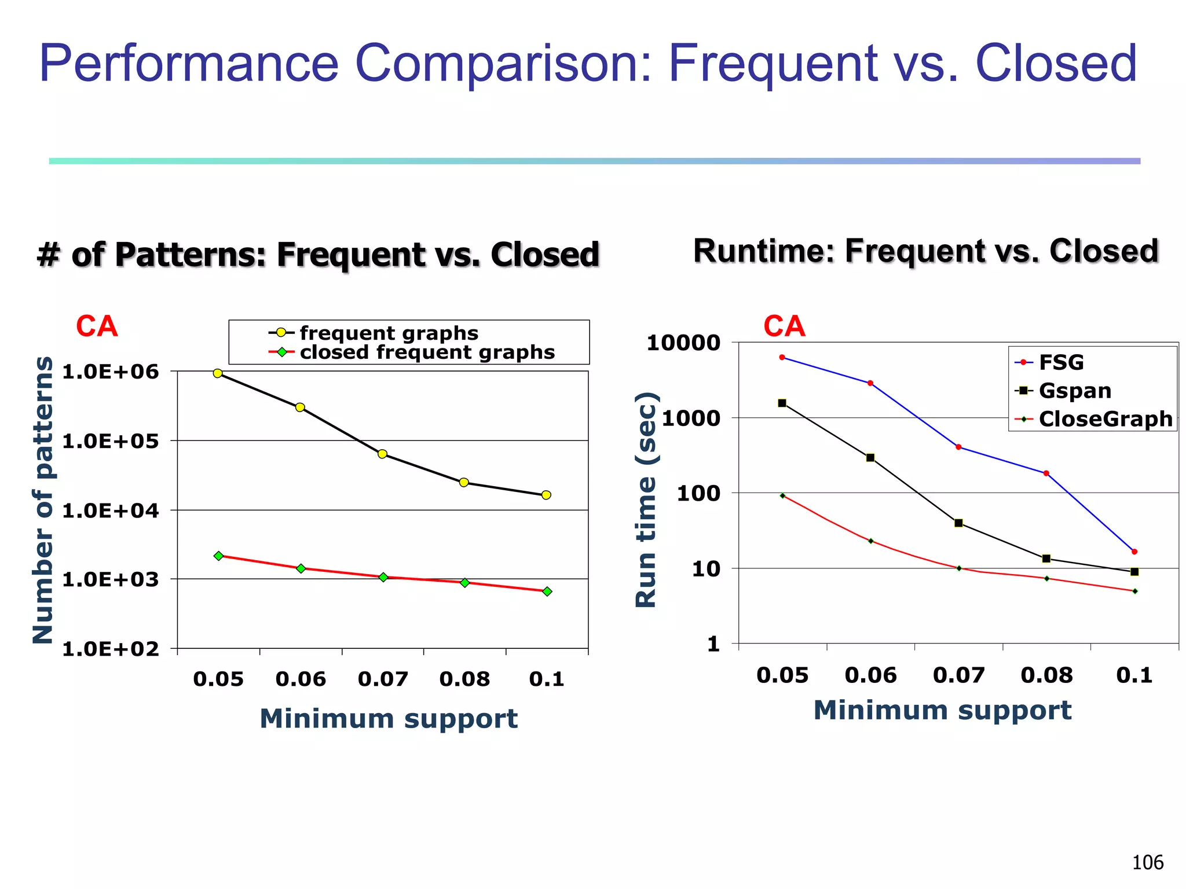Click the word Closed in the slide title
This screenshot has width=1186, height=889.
pos(1056,64)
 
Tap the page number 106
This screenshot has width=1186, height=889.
pos(1147,862)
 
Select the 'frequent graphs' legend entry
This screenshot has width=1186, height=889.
pos(389,333)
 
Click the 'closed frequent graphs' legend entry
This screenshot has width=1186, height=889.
pos(427,352)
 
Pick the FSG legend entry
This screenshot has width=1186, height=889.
pos(1060,362)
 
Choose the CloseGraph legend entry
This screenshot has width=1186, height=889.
pos(1105,418)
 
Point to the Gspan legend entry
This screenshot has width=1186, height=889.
pos(1074,391)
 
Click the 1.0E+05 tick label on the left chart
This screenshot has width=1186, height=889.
pos(110,441)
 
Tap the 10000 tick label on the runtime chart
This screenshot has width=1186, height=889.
pos(683,343)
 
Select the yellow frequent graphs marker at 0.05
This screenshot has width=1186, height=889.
pos(218,373)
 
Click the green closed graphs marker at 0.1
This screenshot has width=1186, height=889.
pos(547,592)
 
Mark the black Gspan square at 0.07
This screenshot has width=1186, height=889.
pos(958,523)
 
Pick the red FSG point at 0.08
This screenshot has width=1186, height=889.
pos(1046,473)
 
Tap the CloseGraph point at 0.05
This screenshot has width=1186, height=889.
pos(782,495)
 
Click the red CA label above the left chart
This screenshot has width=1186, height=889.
pos(97,326)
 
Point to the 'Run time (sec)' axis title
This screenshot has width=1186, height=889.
pos(646,499)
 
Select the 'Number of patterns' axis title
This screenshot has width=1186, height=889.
pos(43,499)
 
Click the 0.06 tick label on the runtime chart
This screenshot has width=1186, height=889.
pos(870,675)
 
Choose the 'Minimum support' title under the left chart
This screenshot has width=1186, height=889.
pos(388,718)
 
